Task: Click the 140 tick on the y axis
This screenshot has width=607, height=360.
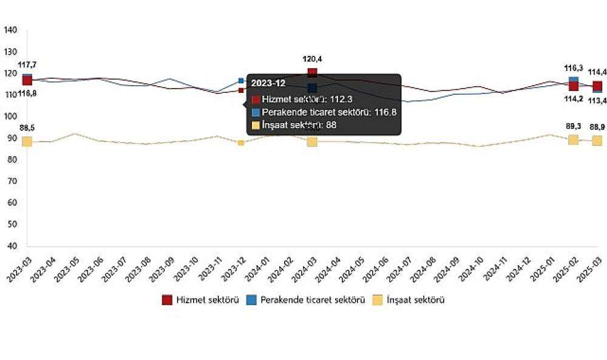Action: [11, 30]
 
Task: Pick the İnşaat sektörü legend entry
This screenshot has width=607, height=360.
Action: [410, 299]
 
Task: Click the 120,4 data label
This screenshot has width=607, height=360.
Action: [312, 59]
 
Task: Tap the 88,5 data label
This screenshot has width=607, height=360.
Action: [27, 128]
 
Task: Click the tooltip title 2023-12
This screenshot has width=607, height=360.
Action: [268, 84]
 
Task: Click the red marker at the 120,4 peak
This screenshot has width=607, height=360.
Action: [312, 73]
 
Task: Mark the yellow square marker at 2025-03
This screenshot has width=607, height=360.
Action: [597, 141]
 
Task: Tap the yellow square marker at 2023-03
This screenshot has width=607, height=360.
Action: [27, 141]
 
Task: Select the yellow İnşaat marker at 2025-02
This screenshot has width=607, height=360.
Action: [573, 140]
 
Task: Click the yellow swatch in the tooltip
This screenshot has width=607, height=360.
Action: [256, 125]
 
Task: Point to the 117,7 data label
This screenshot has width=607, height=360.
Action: [27, 64]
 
